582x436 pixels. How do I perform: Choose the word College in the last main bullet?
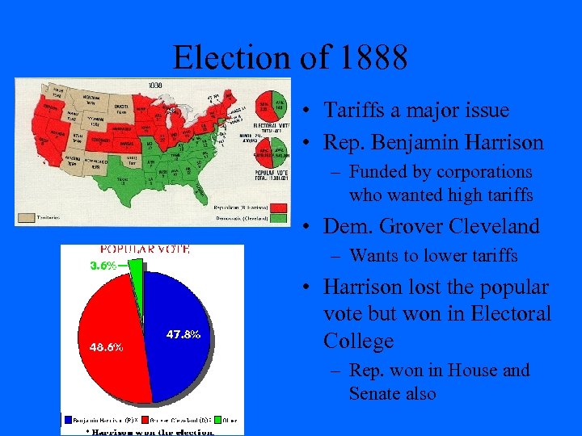[x=358, y=341]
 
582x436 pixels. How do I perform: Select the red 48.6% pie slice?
[x=109, y=339]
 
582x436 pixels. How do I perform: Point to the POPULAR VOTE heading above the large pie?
[x=145, y=249]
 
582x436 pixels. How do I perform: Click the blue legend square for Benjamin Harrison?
[x=67, y=420]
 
